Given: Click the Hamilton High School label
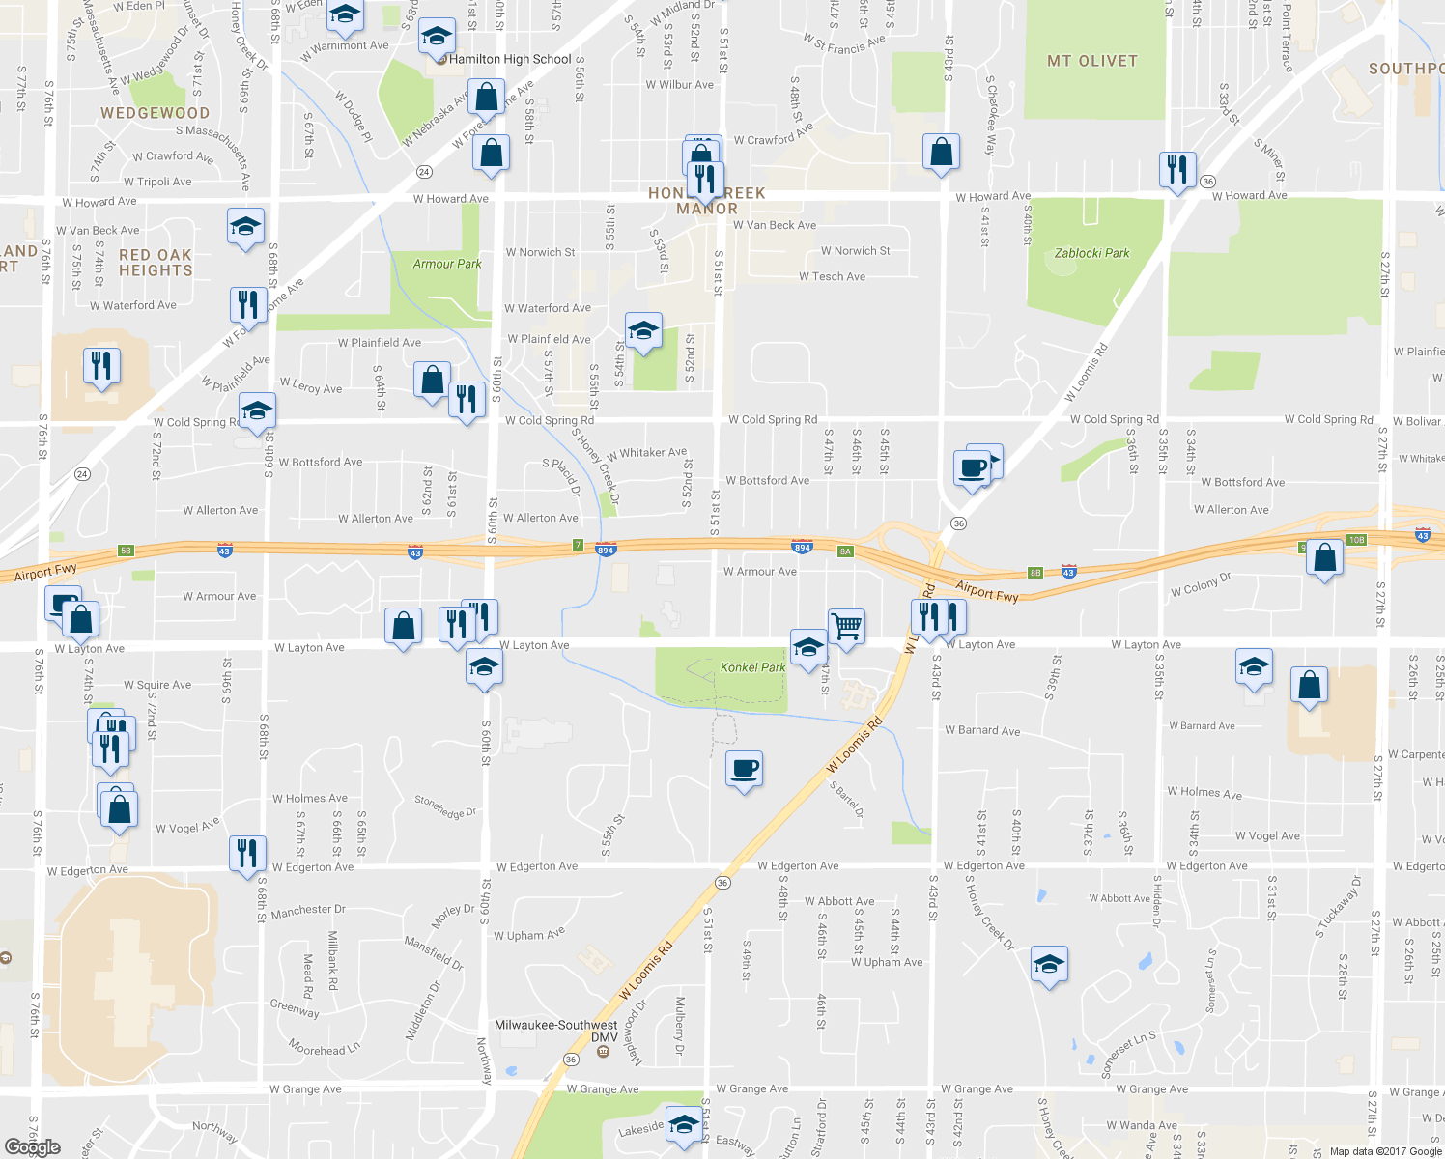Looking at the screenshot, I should [510, 59].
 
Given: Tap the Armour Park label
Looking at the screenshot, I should [447, 264].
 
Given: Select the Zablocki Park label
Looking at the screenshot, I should [1091, 253].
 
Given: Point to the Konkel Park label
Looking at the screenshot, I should [752, 667].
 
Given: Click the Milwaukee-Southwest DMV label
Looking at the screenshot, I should [556, 1031].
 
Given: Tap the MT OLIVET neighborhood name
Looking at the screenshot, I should [1092, 61].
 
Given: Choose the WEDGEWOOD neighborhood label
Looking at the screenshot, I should [155, 113].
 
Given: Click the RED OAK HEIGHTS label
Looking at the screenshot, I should [156, 263].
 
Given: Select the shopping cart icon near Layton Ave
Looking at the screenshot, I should [846, 626].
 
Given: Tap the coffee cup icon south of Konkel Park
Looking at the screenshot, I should [744, 768].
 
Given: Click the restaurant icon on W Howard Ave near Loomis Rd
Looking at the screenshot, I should [1176, 170].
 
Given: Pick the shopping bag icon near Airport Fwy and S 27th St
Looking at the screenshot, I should [1324, 557].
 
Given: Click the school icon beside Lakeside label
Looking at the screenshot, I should [684, 1123].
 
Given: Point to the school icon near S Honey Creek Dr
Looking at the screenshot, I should [1049, 963].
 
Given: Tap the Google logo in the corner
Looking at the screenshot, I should [32, 1146].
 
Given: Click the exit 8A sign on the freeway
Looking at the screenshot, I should [846, 551].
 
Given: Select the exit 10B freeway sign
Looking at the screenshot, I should [1357, 540].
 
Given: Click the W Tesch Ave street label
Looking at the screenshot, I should [832, 276].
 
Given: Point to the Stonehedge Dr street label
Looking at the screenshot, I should [445, 806].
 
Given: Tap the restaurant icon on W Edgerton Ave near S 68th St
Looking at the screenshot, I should [247, 853].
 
